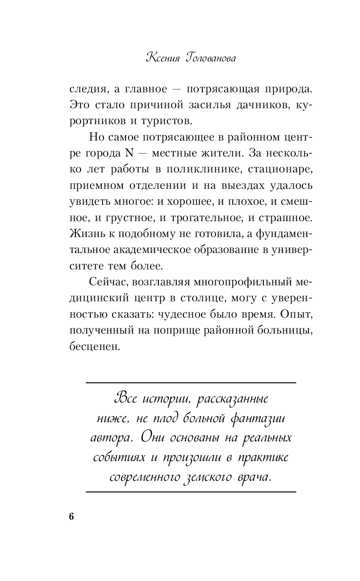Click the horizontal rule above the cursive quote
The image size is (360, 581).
point(191,383)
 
